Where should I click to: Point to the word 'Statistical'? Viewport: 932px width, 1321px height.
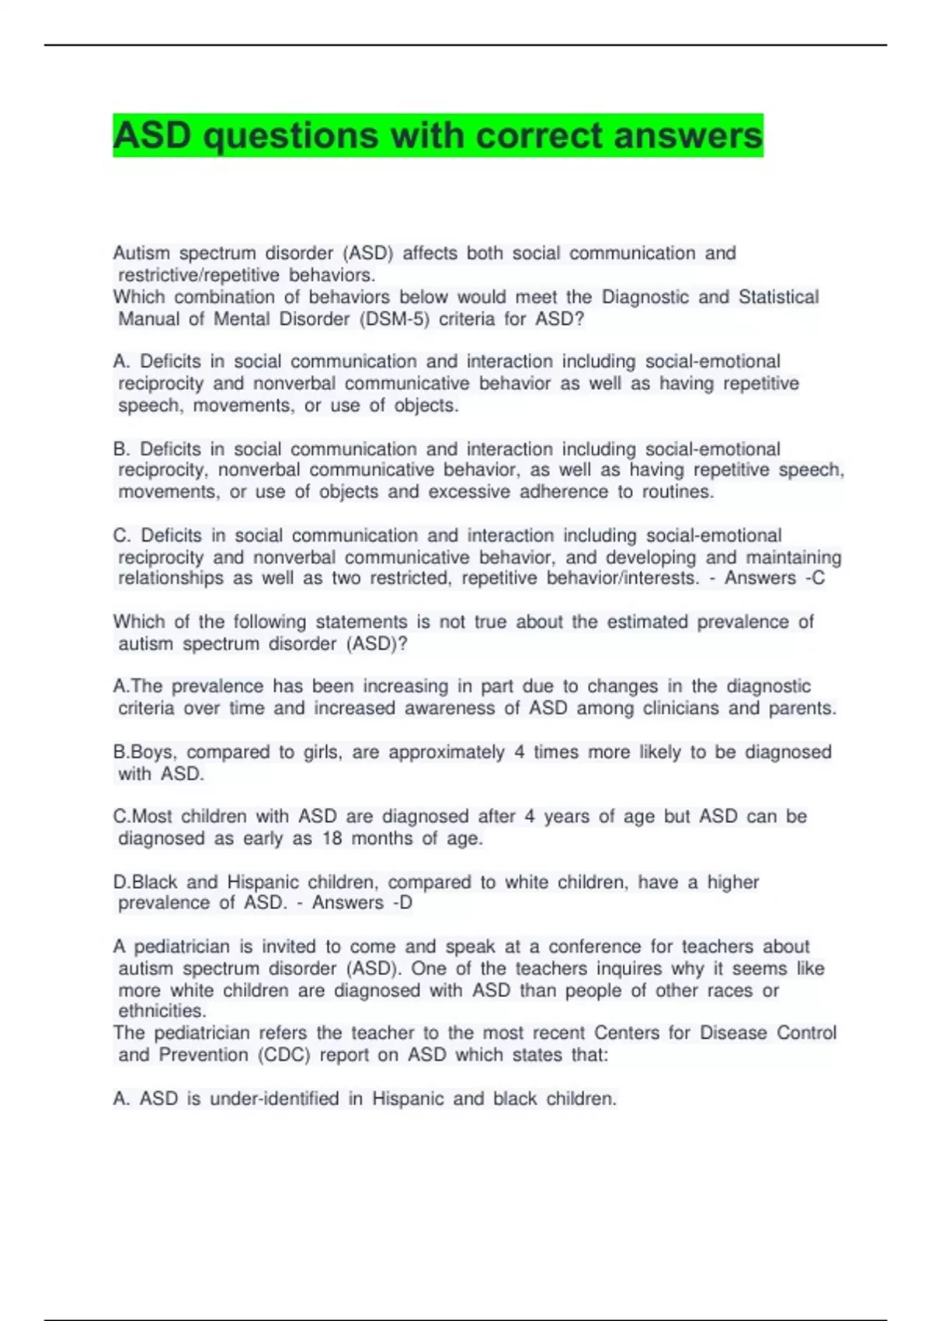(x=778, y=297)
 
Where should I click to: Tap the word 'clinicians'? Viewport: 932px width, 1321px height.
(x=680, y=708)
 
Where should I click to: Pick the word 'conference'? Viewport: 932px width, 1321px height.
(x=595, y=946)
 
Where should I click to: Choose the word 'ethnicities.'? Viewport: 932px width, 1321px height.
(x=162, y=1011)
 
